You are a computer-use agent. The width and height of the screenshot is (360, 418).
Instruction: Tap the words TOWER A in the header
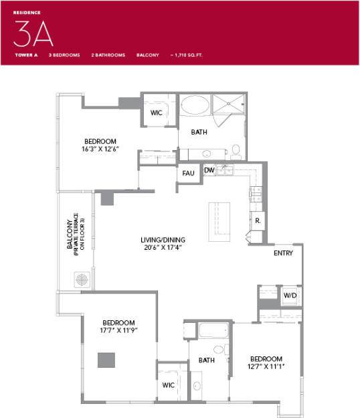(x=25, y=55)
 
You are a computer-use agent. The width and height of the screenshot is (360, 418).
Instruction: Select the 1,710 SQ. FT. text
(x=188, y=55)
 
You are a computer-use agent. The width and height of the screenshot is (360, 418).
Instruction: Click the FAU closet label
(x=188, y=173)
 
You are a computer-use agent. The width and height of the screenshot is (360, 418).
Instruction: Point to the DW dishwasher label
(x=209, y=170)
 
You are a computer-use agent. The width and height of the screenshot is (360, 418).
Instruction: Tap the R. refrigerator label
(x=258, y=220)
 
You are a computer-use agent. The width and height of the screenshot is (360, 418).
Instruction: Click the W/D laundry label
(x=290, y=295)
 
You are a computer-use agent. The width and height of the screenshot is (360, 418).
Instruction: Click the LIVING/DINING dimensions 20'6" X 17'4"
(x=163, y=248)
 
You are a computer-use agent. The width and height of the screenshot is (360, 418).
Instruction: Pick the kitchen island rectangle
(x=219, y=221)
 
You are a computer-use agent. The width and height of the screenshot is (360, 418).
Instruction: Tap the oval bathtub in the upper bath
(x=195, y=105)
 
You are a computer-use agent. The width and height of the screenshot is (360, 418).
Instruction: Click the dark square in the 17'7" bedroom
(x=106, y=360)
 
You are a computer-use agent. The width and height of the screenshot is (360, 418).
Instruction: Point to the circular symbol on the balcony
(x=82, y=279)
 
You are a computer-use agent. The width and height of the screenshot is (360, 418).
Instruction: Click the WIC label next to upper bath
(x=157, y=113)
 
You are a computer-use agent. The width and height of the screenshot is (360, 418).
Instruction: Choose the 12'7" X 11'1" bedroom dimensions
(x=266, y=367)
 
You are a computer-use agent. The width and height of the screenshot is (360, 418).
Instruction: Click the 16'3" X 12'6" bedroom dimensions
(x=100, y=149)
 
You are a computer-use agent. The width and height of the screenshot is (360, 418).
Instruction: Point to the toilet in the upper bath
(x=236, y=151)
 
